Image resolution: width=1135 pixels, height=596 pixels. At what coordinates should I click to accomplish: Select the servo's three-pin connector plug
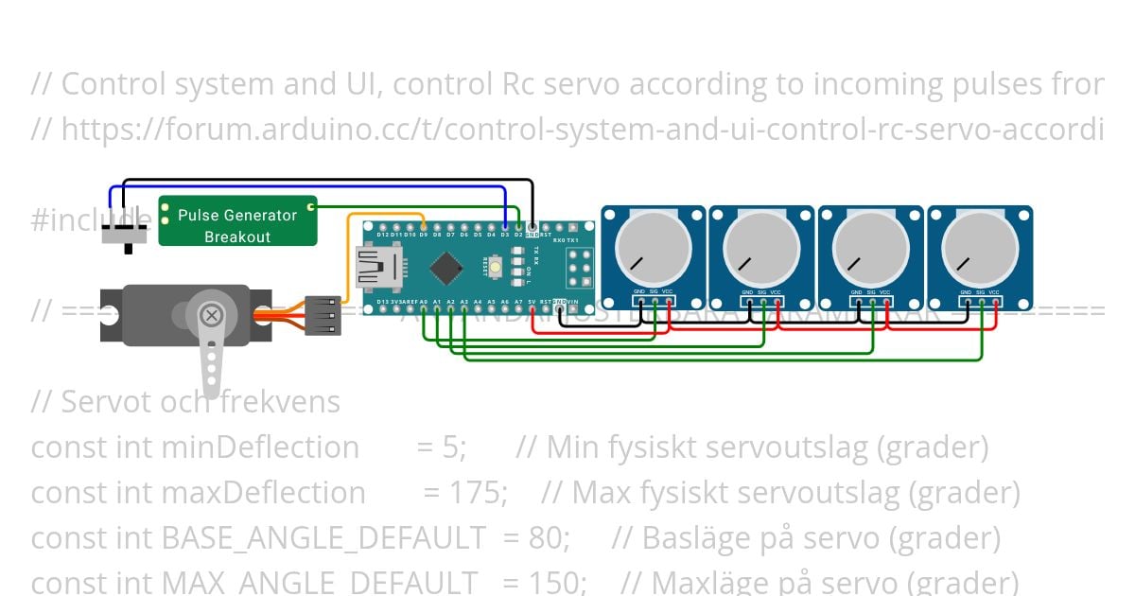click(x=323, y=315)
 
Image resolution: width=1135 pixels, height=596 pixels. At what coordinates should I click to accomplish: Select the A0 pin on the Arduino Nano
click(x=423, y=304)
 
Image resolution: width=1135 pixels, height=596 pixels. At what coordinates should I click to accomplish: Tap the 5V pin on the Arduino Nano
click(x=532, y=304)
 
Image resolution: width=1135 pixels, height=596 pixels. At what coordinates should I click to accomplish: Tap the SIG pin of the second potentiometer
click(x=762, y=303)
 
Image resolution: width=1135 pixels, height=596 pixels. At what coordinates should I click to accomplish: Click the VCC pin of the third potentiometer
click(x=885, y=303)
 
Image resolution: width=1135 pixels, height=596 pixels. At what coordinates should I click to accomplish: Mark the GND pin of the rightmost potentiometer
click(x=966, y=303)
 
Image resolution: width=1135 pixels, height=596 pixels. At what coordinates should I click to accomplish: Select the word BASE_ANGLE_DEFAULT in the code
click(x=323, y=538)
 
